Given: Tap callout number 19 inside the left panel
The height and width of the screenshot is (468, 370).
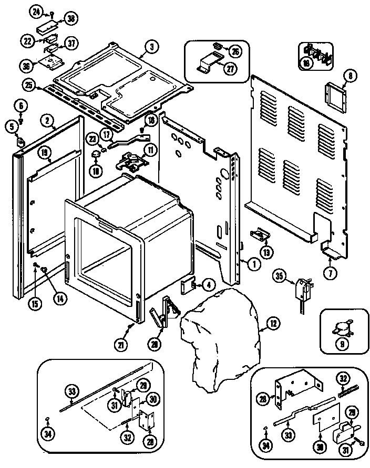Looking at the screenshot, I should [x=45, y=153].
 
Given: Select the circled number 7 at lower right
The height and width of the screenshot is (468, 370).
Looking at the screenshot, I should [x=331, y=272].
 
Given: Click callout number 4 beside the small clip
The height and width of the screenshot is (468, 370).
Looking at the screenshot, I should [x=208, y=285].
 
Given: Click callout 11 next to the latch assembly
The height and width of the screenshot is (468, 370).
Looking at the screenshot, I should [x=151, y=150].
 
